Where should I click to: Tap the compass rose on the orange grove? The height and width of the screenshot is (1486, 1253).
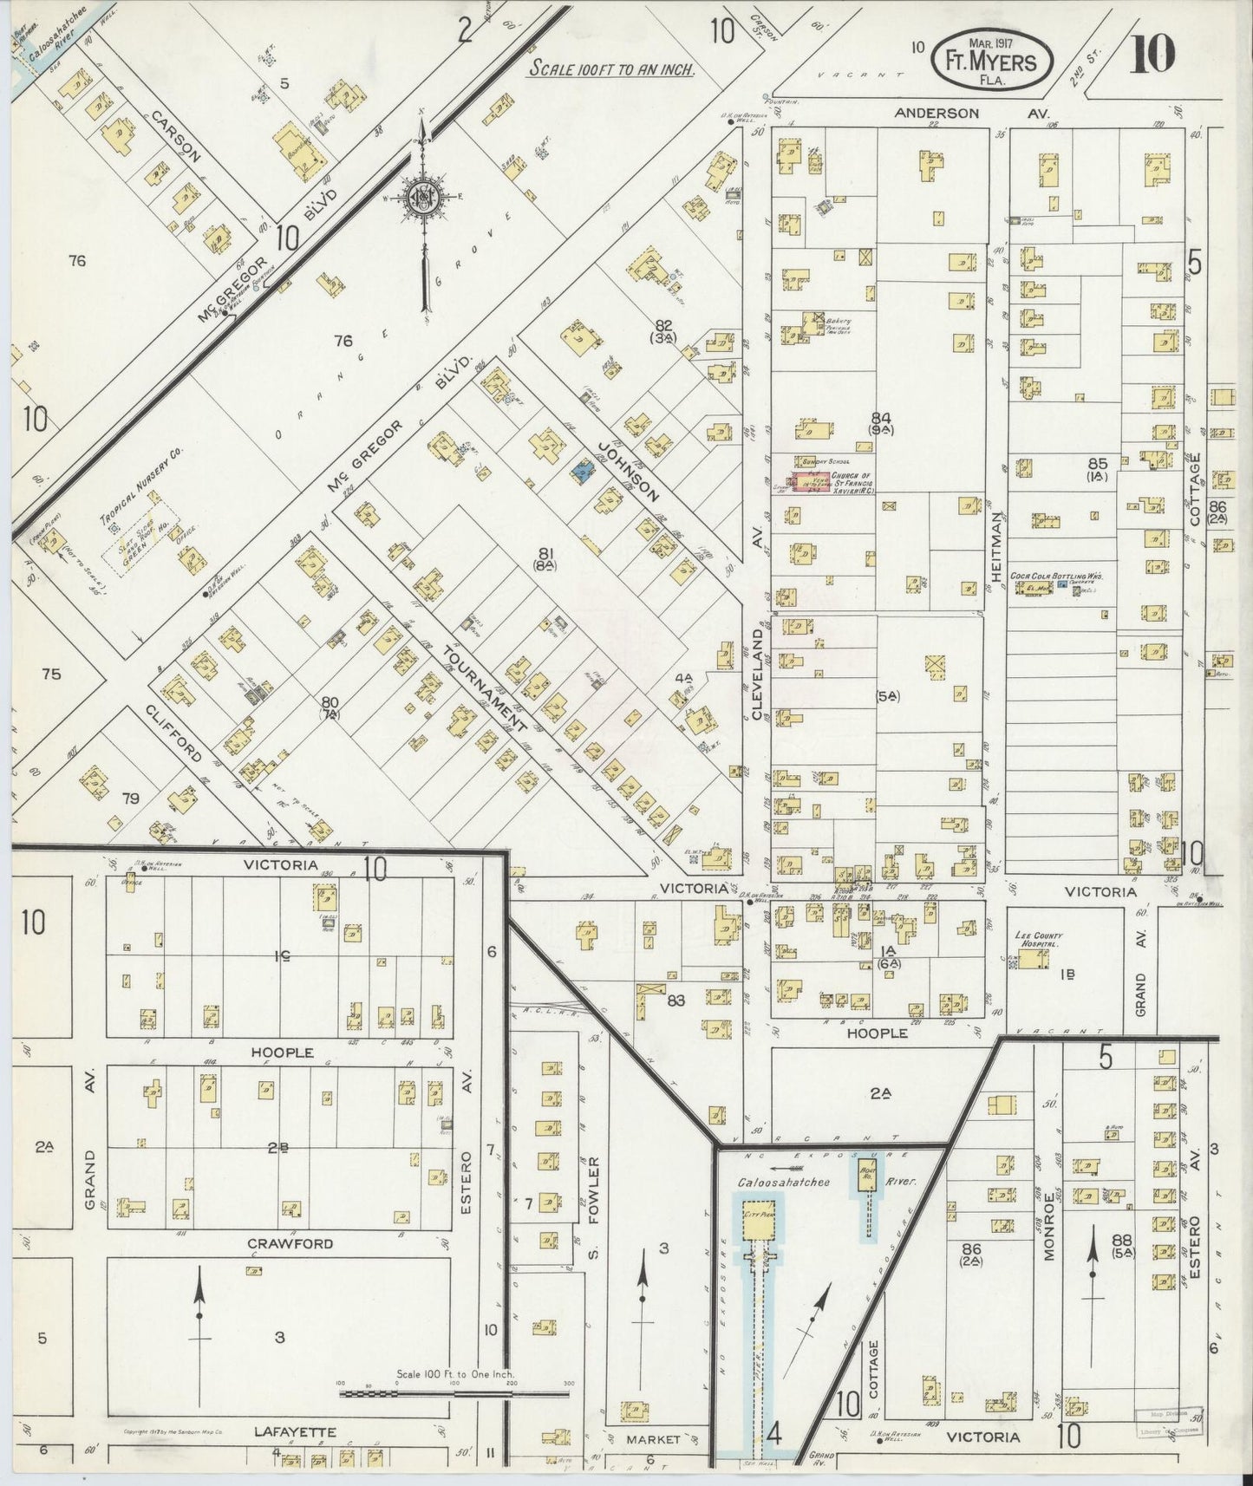click(x=421, y=199)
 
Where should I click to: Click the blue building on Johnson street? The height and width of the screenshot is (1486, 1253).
click(x=582, y=473)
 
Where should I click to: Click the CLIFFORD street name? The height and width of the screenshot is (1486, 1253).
click(x=173, y=733)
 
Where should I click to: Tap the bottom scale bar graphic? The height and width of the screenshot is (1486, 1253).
click(x=454, y=1393)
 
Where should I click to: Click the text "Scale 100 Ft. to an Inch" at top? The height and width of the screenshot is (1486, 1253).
click(x=611, y=69)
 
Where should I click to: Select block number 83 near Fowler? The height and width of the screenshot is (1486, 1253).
click(x=676, y=1000)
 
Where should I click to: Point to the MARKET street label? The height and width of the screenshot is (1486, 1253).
click(x=655, y=1438)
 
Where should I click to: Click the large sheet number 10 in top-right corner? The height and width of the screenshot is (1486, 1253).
click(x=1152, y=53)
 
